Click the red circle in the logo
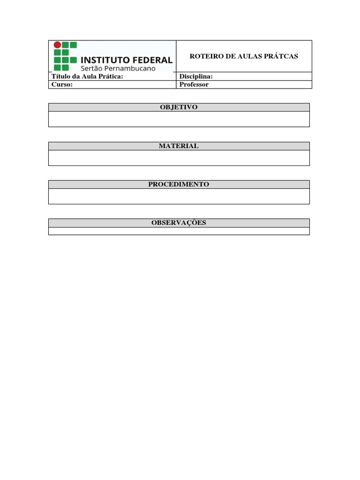57,45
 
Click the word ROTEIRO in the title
205,56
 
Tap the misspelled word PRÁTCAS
282,56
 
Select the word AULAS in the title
251,56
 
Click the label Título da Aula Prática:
87,76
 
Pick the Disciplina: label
196,76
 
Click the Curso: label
60,84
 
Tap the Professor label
194,84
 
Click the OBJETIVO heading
179,107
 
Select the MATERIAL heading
179,146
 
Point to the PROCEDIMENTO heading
179,185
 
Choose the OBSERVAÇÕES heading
179,223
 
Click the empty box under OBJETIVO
179,119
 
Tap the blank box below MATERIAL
179,158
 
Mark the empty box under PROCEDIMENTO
179,196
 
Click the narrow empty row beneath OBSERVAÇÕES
179,231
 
